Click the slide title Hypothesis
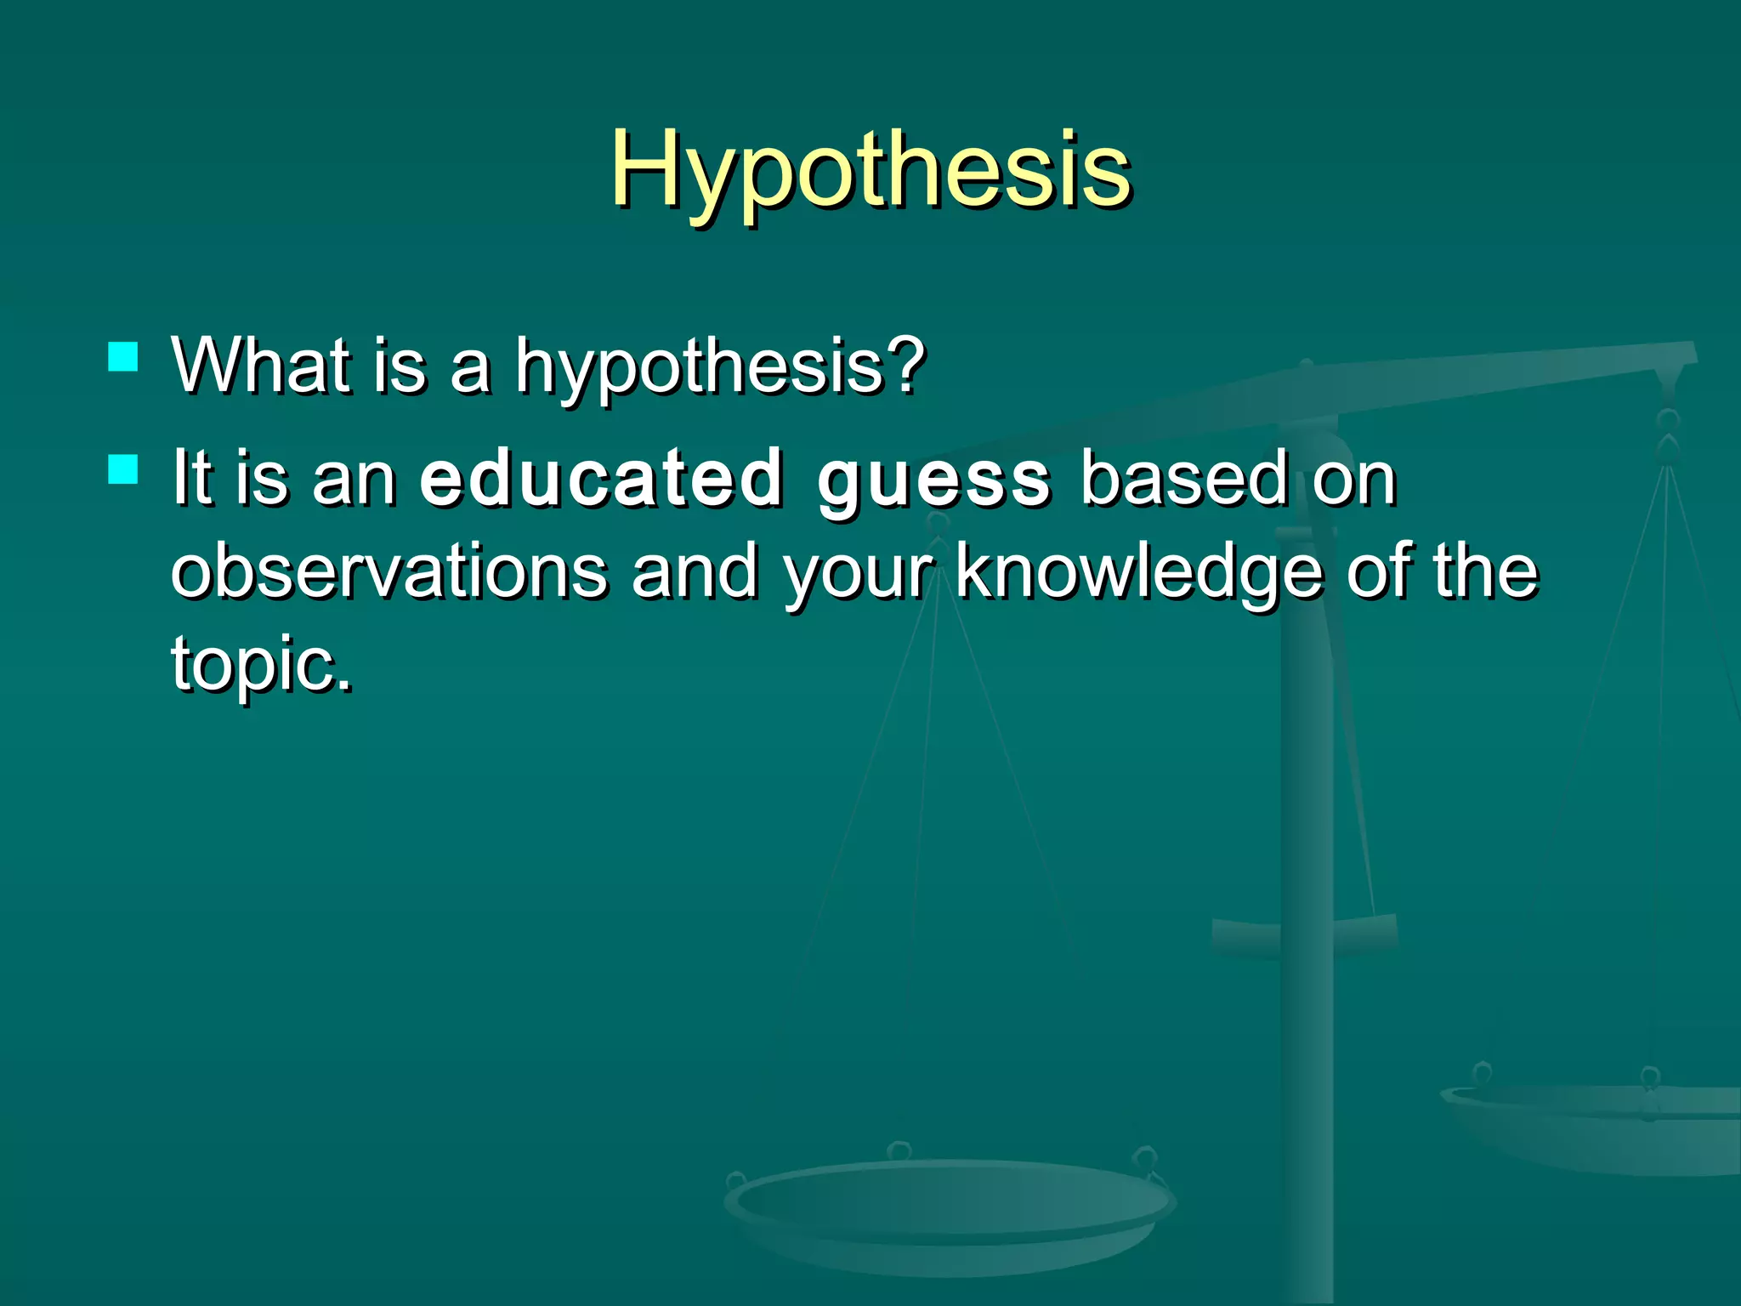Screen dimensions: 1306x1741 tap(870, 170)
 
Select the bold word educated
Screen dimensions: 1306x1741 tap(600, 478)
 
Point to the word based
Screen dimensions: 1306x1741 tap(1183, 478)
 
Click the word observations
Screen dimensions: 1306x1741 tap(389, 571)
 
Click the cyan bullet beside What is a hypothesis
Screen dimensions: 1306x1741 tap(123, 357)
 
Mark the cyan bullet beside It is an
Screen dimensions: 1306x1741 tap(123, 469)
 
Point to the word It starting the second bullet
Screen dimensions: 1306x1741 tap(190, 478)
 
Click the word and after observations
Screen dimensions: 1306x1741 tap(695, 571)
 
